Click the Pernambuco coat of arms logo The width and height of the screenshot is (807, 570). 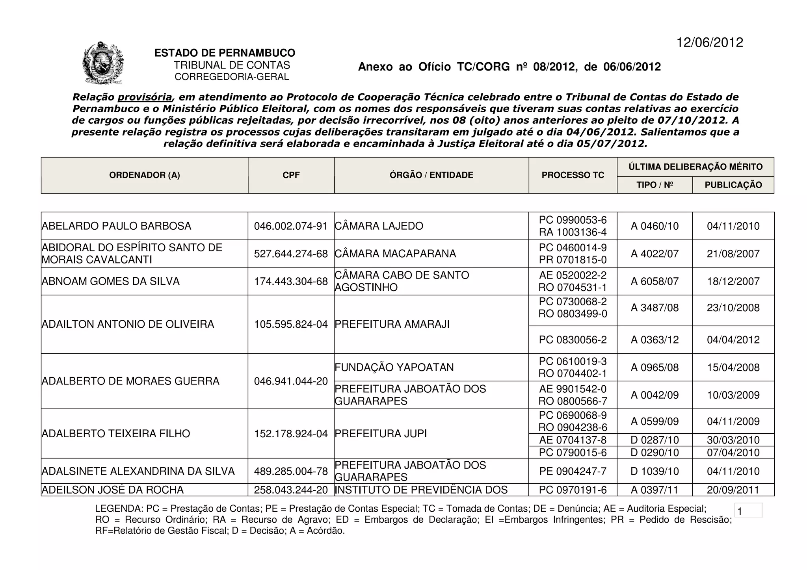click(x=103, y=63)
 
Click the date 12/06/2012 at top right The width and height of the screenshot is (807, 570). click(x=709, y=43)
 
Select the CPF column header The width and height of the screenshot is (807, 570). click(x=291, y=175)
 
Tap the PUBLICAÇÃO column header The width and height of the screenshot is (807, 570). click(x=733, y=185)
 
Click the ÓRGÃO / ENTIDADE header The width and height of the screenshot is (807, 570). click(x=431, y=175)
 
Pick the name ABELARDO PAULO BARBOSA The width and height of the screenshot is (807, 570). click(x=116, y=226)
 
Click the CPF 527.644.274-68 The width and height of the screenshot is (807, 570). click(x=291, y=254)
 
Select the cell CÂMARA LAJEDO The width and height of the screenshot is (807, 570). click(x=379, y=226)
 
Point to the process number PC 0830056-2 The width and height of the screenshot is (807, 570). click(x=573, y=340)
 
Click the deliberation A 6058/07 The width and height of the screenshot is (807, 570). click(x=655, y=281)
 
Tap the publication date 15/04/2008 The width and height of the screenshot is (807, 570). click(x=733, y=368)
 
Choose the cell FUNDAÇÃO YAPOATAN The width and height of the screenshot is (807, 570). click(x=394, y=368)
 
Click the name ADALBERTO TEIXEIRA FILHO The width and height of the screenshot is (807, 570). click(x=116, y=434)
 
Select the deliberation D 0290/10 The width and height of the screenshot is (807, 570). click(x=655, y=453)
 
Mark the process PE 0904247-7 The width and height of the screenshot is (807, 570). click(x=573, y=471)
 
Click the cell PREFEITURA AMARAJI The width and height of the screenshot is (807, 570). click(x=392, y=324)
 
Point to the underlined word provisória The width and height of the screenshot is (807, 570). click(x=145, y=97)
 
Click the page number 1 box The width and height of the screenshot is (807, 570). click(x=748, y=511)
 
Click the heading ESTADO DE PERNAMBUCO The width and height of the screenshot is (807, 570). click(x=225, y=53)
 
